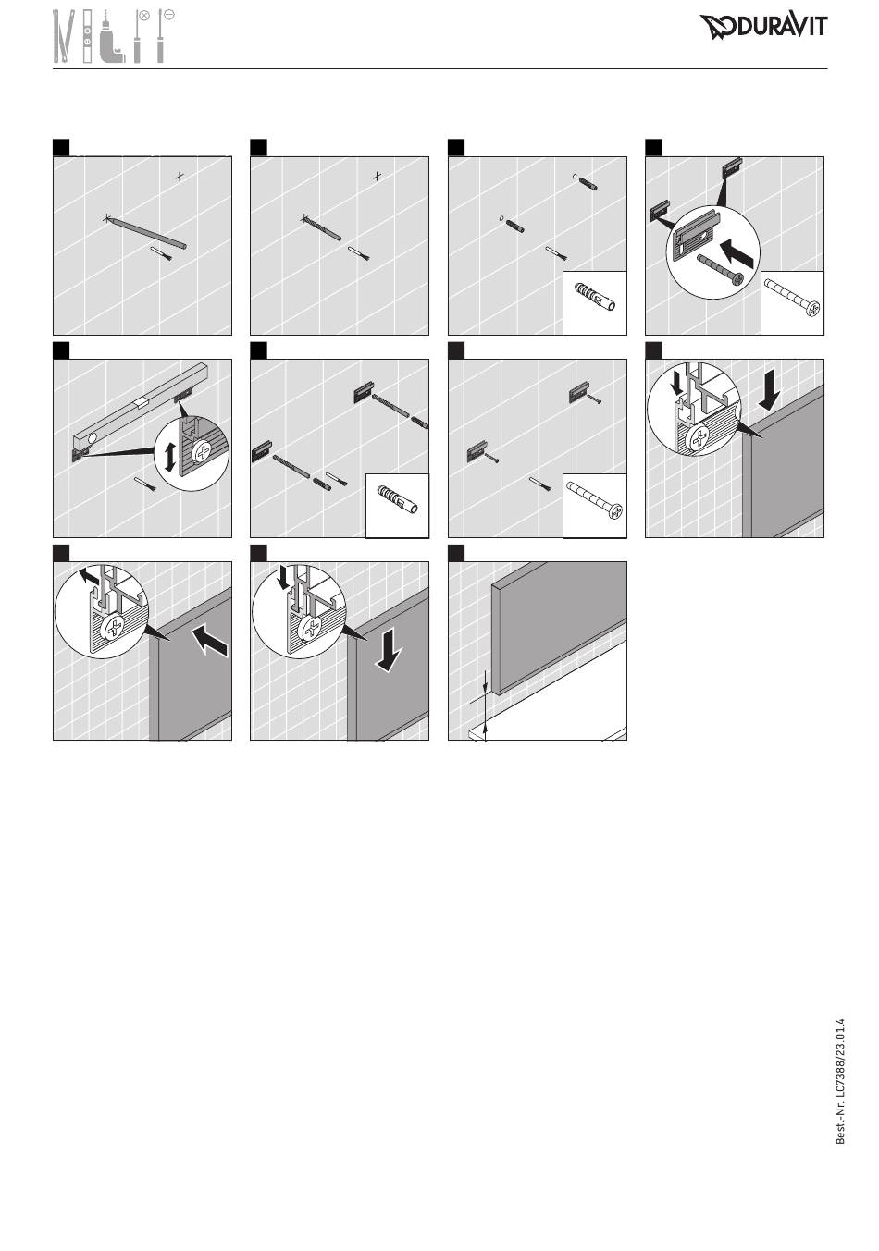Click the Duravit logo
tap(763, 26)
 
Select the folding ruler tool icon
tap(61, 36)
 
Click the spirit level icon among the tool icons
tap(87, 36)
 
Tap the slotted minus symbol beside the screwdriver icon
tap(169, 15)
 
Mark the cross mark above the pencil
tap(179, 176)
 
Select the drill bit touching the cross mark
tap(322, 228)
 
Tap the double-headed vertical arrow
tap(170, 456)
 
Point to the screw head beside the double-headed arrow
tap(202, 450)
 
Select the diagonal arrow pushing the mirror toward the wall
tap(209, 641)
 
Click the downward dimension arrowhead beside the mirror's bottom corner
tap(485, 689)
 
